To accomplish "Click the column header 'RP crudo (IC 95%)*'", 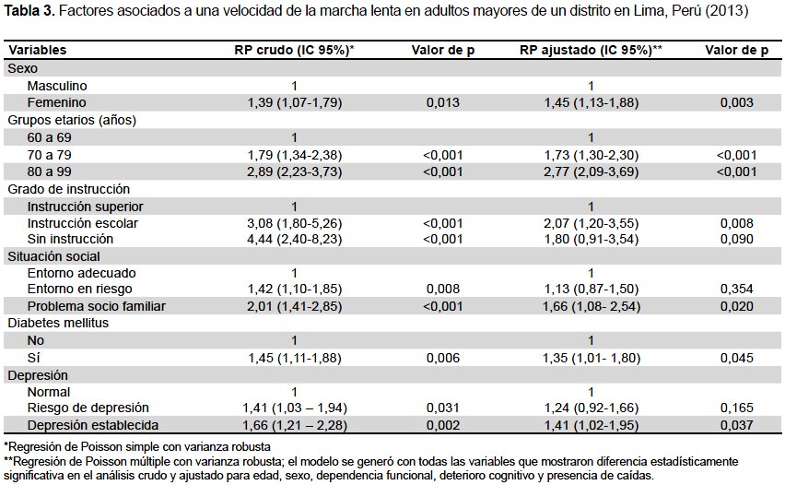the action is (x=294, y=50).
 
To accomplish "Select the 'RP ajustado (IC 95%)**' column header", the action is (x=591, y=50).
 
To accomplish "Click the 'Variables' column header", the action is (x=38, y=50).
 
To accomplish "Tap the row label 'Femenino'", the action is (x=56, y=102).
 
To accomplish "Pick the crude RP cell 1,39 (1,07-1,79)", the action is (x=295, y=102).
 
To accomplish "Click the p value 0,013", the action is (x=442, y=102).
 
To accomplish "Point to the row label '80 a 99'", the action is (x=49, y=172).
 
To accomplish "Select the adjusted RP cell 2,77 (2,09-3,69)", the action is (x=591, y=172).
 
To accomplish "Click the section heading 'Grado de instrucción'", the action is (x=68, y=189).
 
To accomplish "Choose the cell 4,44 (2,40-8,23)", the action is (x=295, y=239).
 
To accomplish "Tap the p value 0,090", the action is (x=736, y=239).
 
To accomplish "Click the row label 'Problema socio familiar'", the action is (x=96, y=306).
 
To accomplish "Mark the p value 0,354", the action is (x=736, y=290).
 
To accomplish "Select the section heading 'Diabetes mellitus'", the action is (x=58, y=323).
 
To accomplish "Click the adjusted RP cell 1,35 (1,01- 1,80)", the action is (x=592, y=359).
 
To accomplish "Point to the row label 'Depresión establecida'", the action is (x=93, y=425).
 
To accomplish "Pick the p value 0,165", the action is (x=736, y=408).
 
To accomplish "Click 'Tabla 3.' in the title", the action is (x=29, y=11).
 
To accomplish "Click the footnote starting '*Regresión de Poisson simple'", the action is (x=137, y=447).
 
